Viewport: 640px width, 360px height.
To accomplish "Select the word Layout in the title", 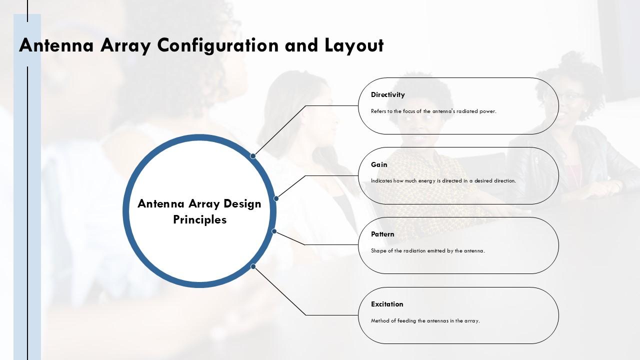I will (x=354, y=45).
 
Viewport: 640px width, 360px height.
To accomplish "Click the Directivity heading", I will (x=387, y=94).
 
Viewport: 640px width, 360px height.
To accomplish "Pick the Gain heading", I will (x=379, y=164).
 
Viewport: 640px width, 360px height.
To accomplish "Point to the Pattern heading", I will (x=382, y=234).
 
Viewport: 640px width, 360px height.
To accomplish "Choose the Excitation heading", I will (x=387, y=304).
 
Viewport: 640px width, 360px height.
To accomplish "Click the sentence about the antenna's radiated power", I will (x=433, y=111).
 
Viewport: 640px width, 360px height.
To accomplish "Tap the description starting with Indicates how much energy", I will (x=443, y=181).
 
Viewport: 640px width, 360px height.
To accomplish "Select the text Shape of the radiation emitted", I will (x=427, y=251).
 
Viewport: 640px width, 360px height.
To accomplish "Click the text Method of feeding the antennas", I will (x=425, y=321).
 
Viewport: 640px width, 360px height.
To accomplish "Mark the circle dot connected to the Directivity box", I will (x=253, y=156).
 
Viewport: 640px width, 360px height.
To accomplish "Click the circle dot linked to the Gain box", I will (x=276, y=198).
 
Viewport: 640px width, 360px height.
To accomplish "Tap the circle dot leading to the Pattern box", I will (x=274, y=231).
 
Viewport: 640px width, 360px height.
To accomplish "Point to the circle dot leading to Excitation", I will (x=253, y=266).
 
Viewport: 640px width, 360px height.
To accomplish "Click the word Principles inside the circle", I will (x=199, y=219).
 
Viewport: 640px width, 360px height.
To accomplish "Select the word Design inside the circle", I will (x=242, y=204).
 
